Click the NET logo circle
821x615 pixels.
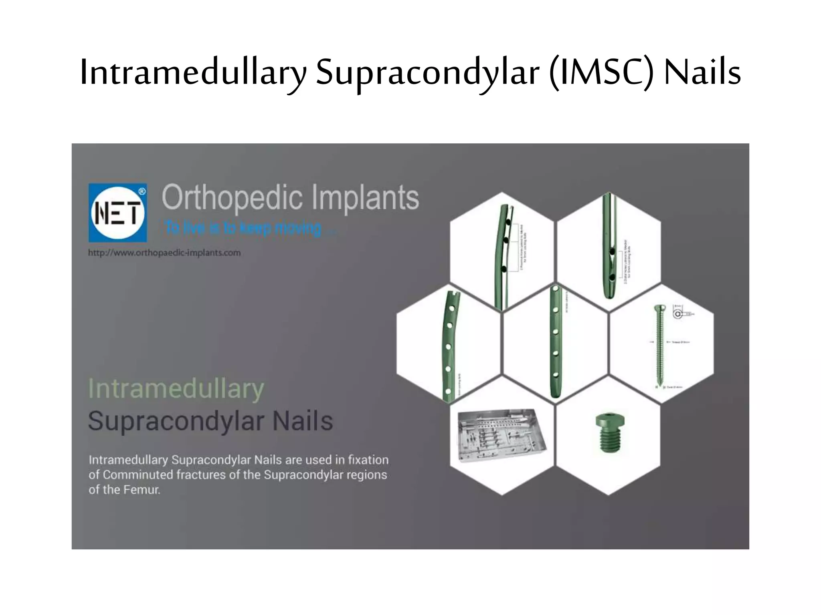click(117, 213)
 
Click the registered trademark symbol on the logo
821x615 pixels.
click(142, 191)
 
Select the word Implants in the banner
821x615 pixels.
click(365, 197)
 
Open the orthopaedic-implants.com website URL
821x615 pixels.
click(164, 253)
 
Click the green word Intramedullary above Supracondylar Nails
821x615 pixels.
click(176, 388)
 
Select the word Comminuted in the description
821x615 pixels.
click(138, 475)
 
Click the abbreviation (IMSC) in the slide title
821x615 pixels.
click(601, 72)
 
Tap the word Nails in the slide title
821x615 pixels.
click(702, 72)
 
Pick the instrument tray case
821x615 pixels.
click(501, 435)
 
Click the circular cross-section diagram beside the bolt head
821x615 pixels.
click(677, 314)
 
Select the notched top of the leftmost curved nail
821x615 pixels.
click(453, 295)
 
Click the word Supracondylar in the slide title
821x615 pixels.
click(427, 72)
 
